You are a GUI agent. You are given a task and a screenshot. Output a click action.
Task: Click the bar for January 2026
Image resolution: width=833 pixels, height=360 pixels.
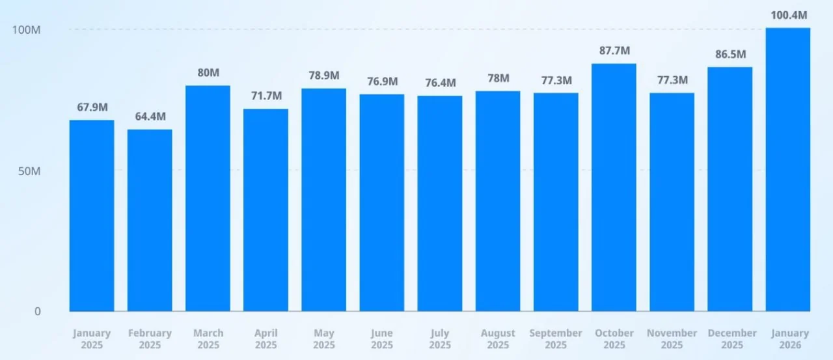(x=787, y=169)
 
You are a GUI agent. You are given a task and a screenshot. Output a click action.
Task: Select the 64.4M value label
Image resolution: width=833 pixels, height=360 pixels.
(x=150, y=117)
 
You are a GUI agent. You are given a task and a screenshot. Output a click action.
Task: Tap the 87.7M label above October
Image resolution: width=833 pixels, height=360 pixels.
(x=614, y=51)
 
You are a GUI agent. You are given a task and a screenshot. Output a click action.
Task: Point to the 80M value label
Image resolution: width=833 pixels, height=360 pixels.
(x=208, y=73)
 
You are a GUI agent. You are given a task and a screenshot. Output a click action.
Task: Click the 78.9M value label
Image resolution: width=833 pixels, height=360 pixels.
(x=323, y=76)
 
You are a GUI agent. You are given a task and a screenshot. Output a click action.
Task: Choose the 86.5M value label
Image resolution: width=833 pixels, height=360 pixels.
(x=730, y=54)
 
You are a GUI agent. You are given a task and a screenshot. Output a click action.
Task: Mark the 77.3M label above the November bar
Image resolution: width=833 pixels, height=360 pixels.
(x=672, y=81)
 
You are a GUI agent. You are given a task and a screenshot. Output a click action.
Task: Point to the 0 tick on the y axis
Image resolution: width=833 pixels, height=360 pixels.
(x=37, y=312)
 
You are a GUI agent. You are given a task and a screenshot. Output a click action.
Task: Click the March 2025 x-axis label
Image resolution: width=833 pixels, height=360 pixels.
(x=208, y=339)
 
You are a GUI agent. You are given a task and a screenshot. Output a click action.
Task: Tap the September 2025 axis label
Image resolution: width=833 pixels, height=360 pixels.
(x=556, y=339)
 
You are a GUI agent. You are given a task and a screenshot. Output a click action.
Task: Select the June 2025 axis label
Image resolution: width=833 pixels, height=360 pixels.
(x=381, y=339)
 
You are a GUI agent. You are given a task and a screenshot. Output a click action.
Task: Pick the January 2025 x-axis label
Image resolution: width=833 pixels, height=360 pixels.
(x=92, y=339)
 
